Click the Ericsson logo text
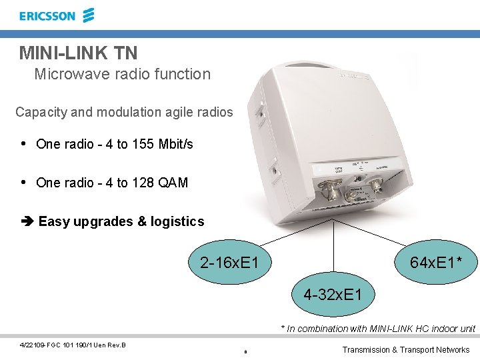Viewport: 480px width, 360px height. [47, 16]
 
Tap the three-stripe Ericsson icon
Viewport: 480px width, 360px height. [89, 15]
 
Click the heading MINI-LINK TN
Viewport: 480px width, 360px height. [78, 52]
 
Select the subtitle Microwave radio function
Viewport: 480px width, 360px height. [122, 74]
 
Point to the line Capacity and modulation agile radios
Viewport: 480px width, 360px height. [124, 112]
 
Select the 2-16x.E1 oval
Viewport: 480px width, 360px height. [229, 263]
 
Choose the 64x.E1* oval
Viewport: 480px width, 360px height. [437, 263]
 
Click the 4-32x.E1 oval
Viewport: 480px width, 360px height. [333, 294]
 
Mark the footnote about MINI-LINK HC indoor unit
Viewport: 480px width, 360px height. [378, 329]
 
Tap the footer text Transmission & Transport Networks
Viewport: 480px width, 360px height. [406, 349]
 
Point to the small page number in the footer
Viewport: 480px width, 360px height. [245, 351]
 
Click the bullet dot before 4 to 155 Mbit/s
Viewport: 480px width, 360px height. [24, 144]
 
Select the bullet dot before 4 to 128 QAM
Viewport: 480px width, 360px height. [24, 183]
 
